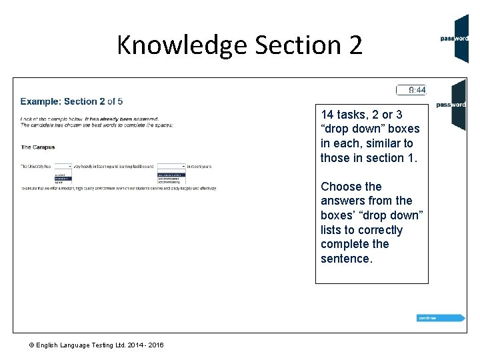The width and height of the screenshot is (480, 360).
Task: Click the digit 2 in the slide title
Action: [355, 45]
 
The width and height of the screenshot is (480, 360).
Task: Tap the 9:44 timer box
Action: [411, 90]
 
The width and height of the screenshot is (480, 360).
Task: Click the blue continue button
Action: [440, 318]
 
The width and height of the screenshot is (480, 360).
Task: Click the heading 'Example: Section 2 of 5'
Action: [71, 101]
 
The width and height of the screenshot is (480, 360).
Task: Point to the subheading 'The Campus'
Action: [38, 147]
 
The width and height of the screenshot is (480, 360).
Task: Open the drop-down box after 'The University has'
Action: [63, 165]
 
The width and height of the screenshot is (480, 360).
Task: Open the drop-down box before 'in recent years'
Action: [171, 165]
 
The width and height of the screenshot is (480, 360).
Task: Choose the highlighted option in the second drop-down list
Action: [171, 175]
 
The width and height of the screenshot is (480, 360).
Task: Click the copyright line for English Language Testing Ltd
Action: [97, 345]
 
